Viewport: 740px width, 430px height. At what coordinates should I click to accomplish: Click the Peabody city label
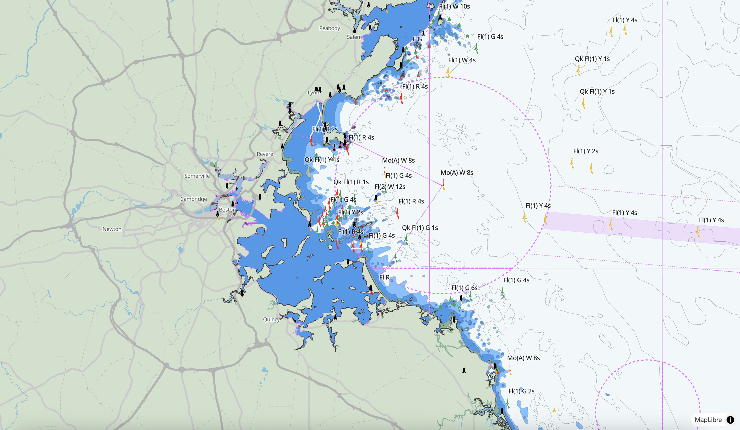click(330, 28)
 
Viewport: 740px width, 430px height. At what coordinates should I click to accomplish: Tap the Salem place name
click(354, 37)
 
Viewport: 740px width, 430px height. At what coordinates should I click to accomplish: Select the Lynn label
click(313, 93)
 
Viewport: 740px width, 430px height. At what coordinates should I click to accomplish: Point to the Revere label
click(265, 154)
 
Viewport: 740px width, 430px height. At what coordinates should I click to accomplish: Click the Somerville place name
click(197, 176)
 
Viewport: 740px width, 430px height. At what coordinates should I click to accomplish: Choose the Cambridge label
click(193, 199)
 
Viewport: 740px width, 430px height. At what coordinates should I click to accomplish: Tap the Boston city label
click(227, 210)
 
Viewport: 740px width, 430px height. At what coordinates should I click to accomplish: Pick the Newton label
click(112, 229)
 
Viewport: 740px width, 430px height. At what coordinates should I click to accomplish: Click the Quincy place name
click(271, 319)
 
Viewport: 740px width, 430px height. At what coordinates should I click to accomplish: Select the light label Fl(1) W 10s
click(454, 6)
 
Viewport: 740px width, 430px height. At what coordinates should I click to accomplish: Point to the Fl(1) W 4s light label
click(462, 60)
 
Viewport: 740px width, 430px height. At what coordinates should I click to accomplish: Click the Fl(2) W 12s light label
click(390, 187)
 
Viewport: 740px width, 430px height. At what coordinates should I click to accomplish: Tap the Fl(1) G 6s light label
click(464, 288)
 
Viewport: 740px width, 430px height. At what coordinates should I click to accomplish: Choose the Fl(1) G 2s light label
click(521, 391)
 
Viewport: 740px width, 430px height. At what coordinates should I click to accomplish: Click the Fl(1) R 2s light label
click(325, 129)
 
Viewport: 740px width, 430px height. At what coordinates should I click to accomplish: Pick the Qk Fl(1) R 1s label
click(351, 182)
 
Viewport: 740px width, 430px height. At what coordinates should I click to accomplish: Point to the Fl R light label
click(384, 277)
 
